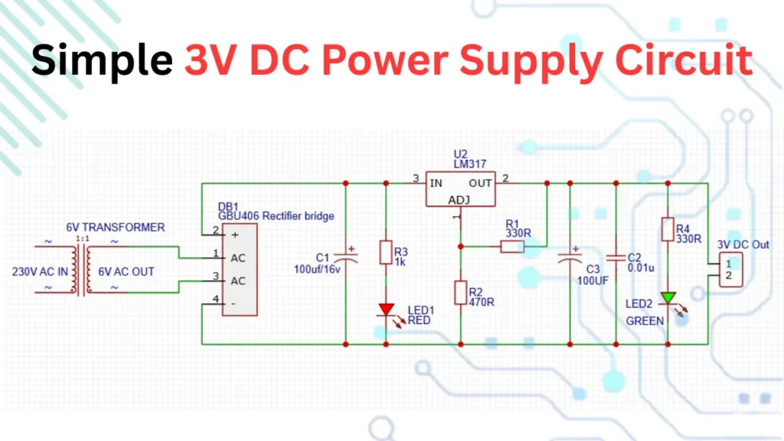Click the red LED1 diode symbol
pos(386,309)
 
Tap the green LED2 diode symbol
pos(668,298)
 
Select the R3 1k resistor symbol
pos(386,253)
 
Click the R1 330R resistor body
pos(511,247)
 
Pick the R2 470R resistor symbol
pos(460,292)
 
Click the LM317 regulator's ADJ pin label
pos(459,200)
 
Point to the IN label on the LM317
pos(436,183)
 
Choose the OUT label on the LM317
pos(481,183)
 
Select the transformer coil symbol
pos(80,268)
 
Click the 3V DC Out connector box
pos(728,269)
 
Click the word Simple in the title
pos(101,59)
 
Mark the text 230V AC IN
pos(39,272)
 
